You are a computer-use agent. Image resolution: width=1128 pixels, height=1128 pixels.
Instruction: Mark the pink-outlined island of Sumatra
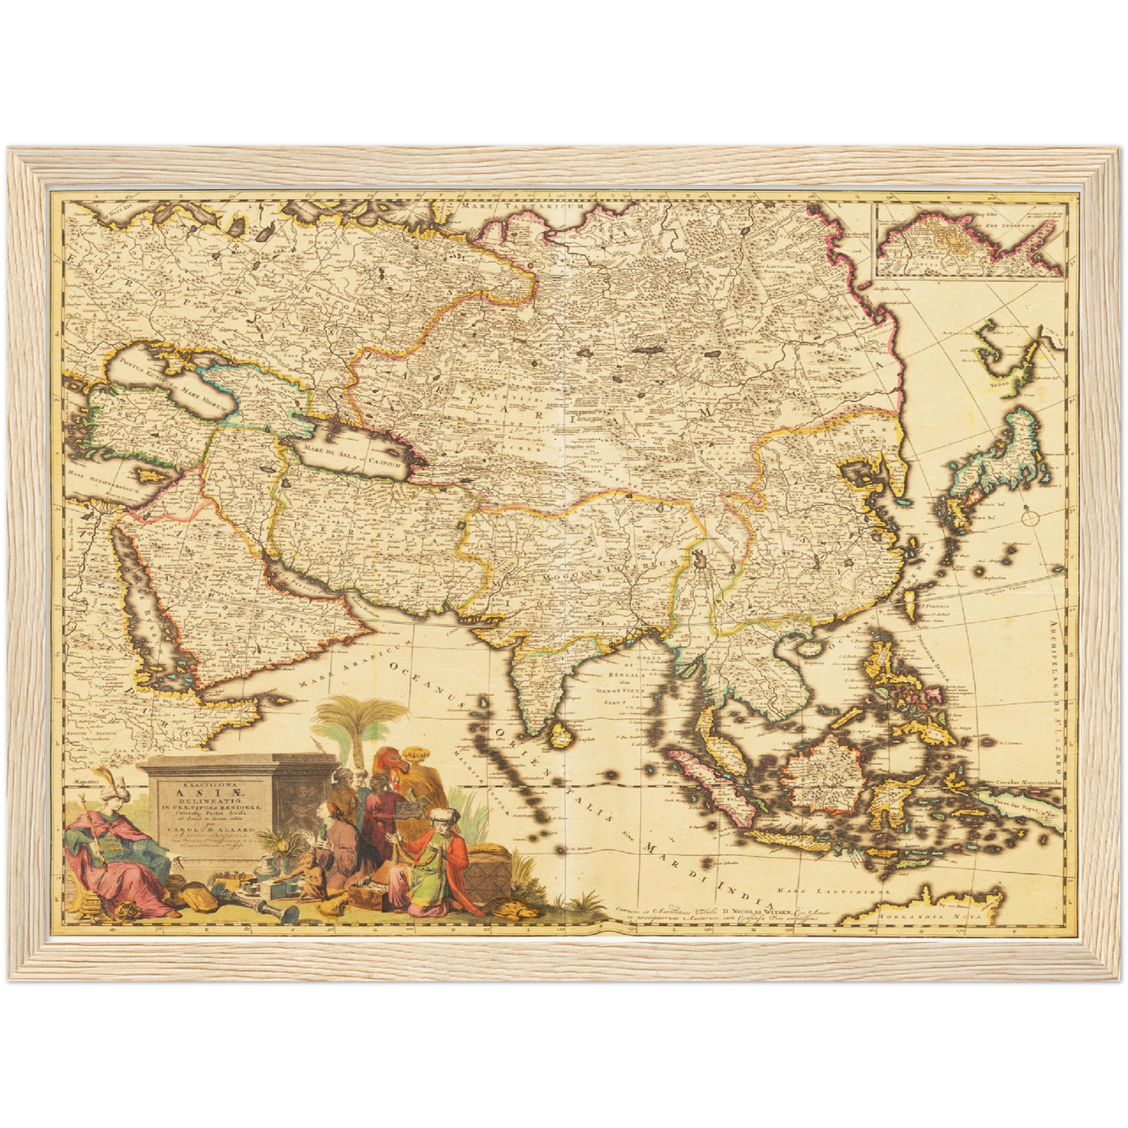711,788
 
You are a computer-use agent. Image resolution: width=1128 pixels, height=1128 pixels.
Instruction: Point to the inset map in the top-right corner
970,240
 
